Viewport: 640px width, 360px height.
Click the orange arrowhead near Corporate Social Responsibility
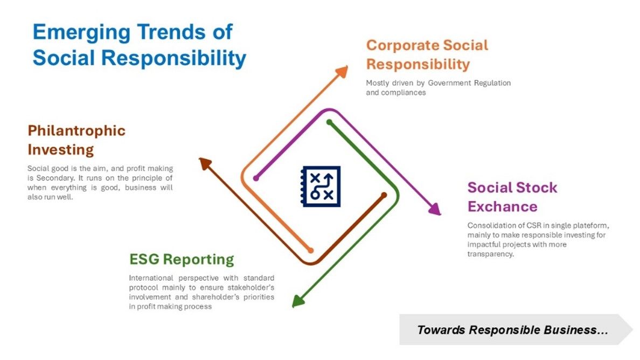click(342, 72)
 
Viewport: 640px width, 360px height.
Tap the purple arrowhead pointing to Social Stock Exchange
click(435, 209)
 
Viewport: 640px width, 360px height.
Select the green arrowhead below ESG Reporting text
click(298, 301)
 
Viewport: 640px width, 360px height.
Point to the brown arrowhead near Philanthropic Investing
click(205, 163)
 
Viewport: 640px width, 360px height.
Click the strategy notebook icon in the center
click(321, 186)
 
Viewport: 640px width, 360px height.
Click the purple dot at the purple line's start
click(256, 178)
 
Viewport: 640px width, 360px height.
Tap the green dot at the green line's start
click(329, 122)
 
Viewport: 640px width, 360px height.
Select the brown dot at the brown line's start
click(384, 195)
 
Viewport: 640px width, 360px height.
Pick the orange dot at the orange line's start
click(311, 250)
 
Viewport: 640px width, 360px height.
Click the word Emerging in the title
click(81, 33)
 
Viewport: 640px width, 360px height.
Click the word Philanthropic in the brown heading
click(76, 130)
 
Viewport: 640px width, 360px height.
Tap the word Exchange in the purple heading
click(503, 206)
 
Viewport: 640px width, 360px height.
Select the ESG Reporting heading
click(182, 259)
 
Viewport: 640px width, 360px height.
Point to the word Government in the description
click(449, 83)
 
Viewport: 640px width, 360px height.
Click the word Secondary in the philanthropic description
click(55, 178)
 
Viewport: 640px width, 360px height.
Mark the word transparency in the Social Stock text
click(491, 254)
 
